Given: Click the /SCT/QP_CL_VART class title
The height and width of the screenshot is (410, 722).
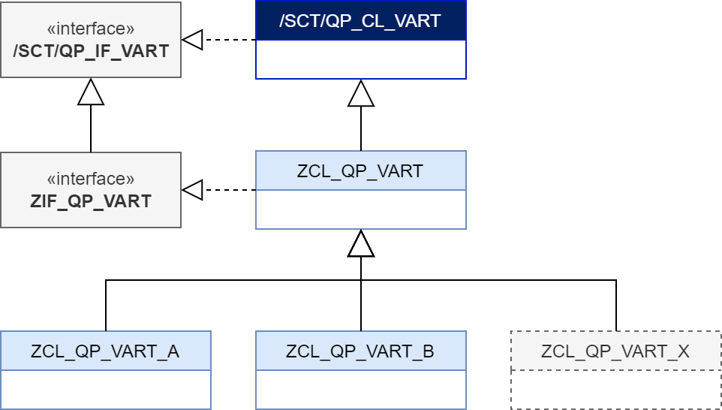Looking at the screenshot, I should [x=360, y=21].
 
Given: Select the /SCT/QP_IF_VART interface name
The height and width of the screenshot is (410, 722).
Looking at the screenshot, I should [x=91, y=51].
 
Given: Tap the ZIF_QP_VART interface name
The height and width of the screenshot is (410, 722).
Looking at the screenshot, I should [x=91, y=201].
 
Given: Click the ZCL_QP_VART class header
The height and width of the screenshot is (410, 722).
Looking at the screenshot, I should [x=360, y=170].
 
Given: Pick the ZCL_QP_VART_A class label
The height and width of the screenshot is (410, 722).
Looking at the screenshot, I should [x=105, y=351].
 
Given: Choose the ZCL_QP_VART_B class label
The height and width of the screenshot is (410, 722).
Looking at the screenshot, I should [x=360, y=351].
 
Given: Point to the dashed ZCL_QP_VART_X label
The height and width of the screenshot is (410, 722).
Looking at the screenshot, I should [x=615, y=351].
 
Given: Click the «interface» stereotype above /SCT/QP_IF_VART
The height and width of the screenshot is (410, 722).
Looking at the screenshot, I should [x=91, y=29].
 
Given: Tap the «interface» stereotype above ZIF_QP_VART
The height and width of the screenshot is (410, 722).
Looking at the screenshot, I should [x=91, y=179].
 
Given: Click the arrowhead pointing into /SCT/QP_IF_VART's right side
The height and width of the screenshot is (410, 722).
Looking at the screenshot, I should [x=193, y=40].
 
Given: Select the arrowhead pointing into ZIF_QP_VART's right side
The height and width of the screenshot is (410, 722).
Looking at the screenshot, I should [x=193, y=190].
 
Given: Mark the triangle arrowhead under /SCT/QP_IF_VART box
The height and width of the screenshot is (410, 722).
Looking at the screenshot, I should [x=91, y=92].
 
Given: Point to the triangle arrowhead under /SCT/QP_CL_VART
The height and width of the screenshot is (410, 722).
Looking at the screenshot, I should [x=361, y=93].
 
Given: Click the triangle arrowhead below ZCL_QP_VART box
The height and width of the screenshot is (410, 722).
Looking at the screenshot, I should [x=361, y=243].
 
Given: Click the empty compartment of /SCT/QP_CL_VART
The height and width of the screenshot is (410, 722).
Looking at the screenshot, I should [x=360, y=59].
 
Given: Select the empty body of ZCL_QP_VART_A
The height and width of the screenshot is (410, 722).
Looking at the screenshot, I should [x=105, y=389].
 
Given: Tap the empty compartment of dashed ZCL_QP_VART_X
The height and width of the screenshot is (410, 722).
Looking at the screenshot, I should [x=615, y=389].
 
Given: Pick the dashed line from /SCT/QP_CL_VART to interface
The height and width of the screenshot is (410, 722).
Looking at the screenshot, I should [x=230, y=40].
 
